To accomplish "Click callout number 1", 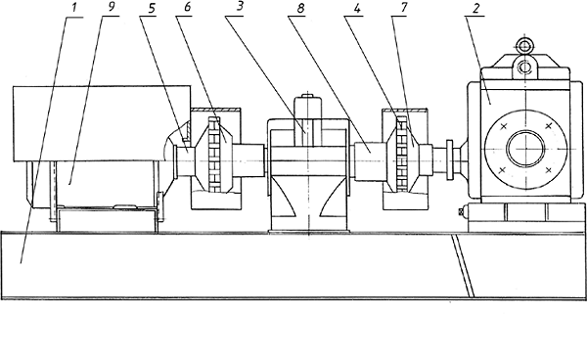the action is pyautogui.click(x=74, y=9).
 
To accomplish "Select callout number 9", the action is pyautogui.click(x=112, y=8).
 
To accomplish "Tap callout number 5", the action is pyautogui.click(x=152, y=9).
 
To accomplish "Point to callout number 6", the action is pyautogui.click(x=188, y=8).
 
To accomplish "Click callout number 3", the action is pyautogui.click(x=240, y=8).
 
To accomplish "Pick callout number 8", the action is pyautogui.click(x=300, y=9).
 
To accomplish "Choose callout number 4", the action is pyautogui.click(x=357, y=8).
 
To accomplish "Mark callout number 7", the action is pyautogui.click(x=403, y=8).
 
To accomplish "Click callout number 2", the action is pyautogui.click(x=475, y=8).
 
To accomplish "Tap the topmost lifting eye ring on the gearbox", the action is pyautogui.click(x=524, y=46).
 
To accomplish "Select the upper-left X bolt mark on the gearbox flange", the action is pyautogui.click(x=503, y=126).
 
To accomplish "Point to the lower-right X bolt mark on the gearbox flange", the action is pyautogui.click(x=549, y=170).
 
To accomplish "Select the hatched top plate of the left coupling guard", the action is pyautogui.click(x=215, y=110).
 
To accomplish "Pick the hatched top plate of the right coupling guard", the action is pyautogui.click(x=404, y=110).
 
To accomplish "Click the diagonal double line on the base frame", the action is pyautogui.click(x=463, y=266).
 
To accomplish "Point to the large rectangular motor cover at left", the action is pyautogui.click(x=102, y=123).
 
